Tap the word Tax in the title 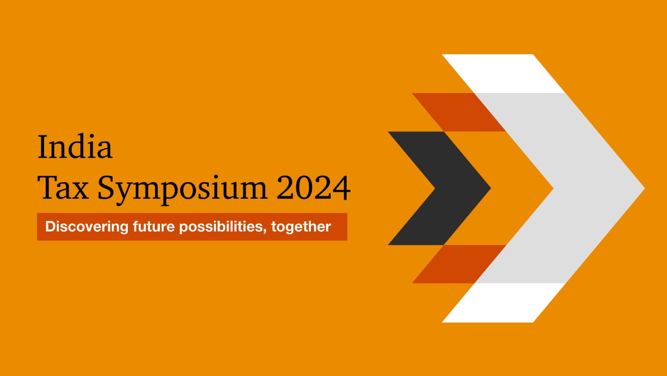tap(63, 188)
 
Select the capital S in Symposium tap(107, 188)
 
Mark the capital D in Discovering tap(50, 226)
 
